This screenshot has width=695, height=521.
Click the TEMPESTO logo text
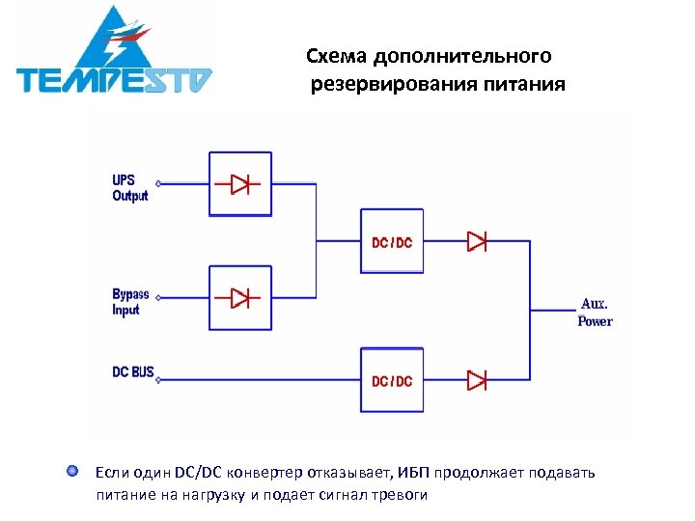point(114,79)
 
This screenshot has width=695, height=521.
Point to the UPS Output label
point(129,188)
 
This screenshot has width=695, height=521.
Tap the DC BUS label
point(132,371)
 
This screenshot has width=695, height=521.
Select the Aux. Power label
point(594,313)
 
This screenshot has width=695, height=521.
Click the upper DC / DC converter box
point(392,241)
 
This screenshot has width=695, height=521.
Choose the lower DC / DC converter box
point(392,380)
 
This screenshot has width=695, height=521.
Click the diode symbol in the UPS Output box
point(239,183)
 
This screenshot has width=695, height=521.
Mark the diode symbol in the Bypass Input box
point(239,297)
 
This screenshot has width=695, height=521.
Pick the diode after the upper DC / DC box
point(477,241)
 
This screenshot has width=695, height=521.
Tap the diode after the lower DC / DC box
point(477,379)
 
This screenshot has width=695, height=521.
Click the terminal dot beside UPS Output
point(158,183)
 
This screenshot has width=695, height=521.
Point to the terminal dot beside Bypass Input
point(158,297)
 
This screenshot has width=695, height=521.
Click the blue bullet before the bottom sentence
point(72,472)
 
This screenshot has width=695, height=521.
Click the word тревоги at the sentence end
point(397,495)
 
